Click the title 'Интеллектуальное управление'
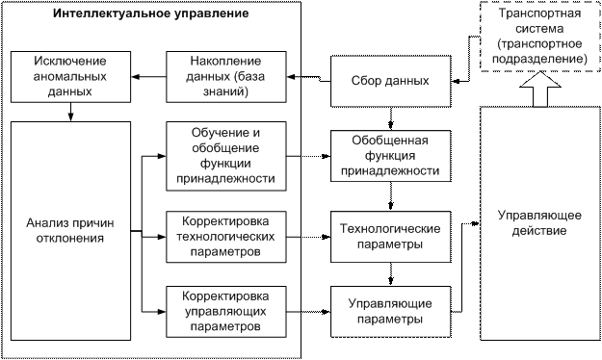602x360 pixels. [x=150, y=13]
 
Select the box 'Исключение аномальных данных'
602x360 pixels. [x=70, y=77]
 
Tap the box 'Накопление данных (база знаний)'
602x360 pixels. [x=226, y=77]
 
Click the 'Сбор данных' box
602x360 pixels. [x=391, y=81]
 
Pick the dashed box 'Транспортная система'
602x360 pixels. [x=539, y=37]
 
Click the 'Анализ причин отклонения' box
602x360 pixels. [x=70, y=231]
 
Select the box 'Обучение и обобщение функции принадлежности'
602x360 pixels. [x=226, y=156]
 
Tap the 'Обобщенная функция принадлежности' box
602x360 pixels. [x=391, y=156]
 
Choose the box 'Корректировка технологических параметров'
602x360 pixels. [x=226, y=237]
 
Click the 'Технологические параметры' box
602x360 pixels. [x=391, y=237]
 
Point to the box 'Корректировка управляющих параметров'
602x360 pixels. [x=226, y=312]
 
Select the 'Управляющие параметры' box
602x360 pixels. [x=391, y=312]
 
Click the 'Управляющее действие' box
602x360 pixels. [x=539, y=223]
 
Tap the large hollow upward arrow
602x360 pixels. [x=539, y=90]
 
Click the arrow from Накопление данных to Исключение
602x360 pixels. [x=148, y=77]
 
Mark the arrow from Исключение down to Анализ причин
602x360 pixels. [x=70, y=112]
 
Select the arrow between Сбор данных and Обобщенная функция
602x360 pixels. [x=391, y=118]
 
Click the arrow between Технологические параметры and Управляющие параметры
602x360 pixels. [x=391, y=274]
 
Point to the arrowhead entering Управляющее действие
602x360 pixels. [x=476, y=223]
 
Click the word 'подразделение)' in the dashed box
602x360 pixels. [x=539, y=60]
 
